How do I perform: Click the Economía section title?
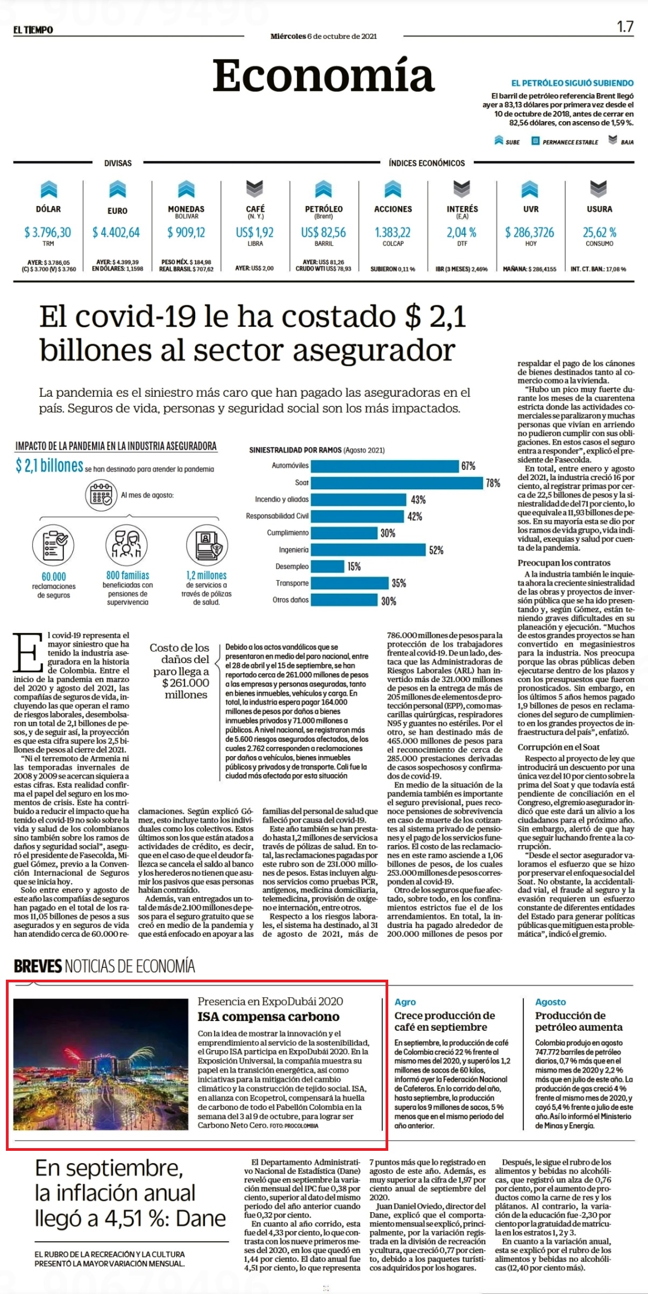click(x=323, y=75)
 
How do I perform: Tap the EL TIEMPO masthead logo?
click(x=33, y=30)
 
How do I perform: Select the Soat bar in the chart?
click(x=397, y=483)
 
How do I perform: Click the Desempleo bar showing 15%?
click(x=327, y=566)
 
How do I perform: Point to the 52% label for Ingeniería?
click(x=436, y=550)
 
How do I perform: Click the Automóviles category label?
click(x=290, y=466)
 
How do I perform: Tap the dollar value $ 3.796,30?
click(x=48, y=232)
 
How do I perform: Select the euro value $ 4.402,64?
click(x=116, y=232)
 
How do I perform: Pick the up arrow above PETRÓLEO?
click(x=324, y=189)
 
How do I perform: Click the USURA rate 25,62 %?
click(x=600, y=232)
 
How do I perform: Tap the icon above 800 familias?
click(x=126, y=544)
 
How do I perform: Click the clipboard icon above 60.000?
click(x=53, y=544)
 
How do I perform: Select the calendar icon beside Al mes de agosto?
click(x=101, y=495)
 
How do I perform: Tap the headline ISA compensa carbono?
click(x=269, y=1017)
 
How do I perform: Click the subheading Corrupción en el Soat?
click(x=559, y=747)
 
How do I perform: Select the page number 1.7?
click(x=625, y=26)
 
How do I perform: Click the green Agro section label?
click(x=405, y=1002)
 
